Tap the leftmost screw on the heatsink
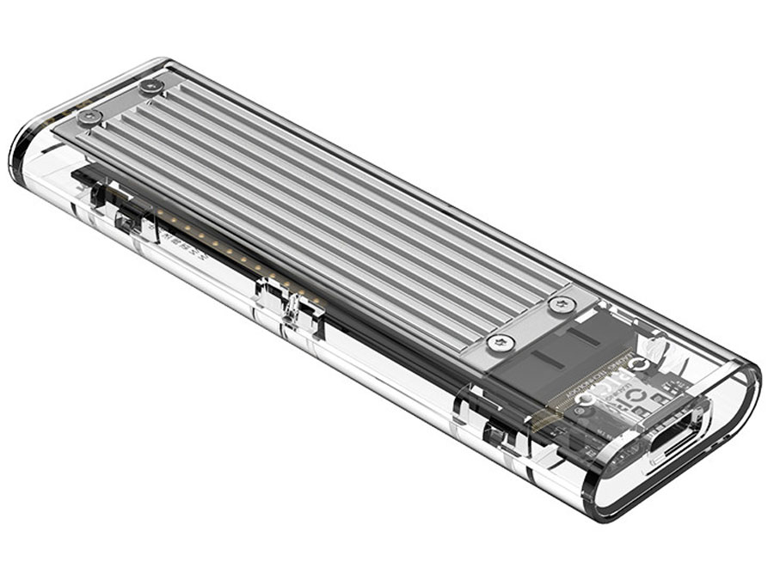(89, 116)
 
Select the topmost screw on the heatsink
(151, 86)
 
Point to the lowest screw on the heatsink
(501, 343)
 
